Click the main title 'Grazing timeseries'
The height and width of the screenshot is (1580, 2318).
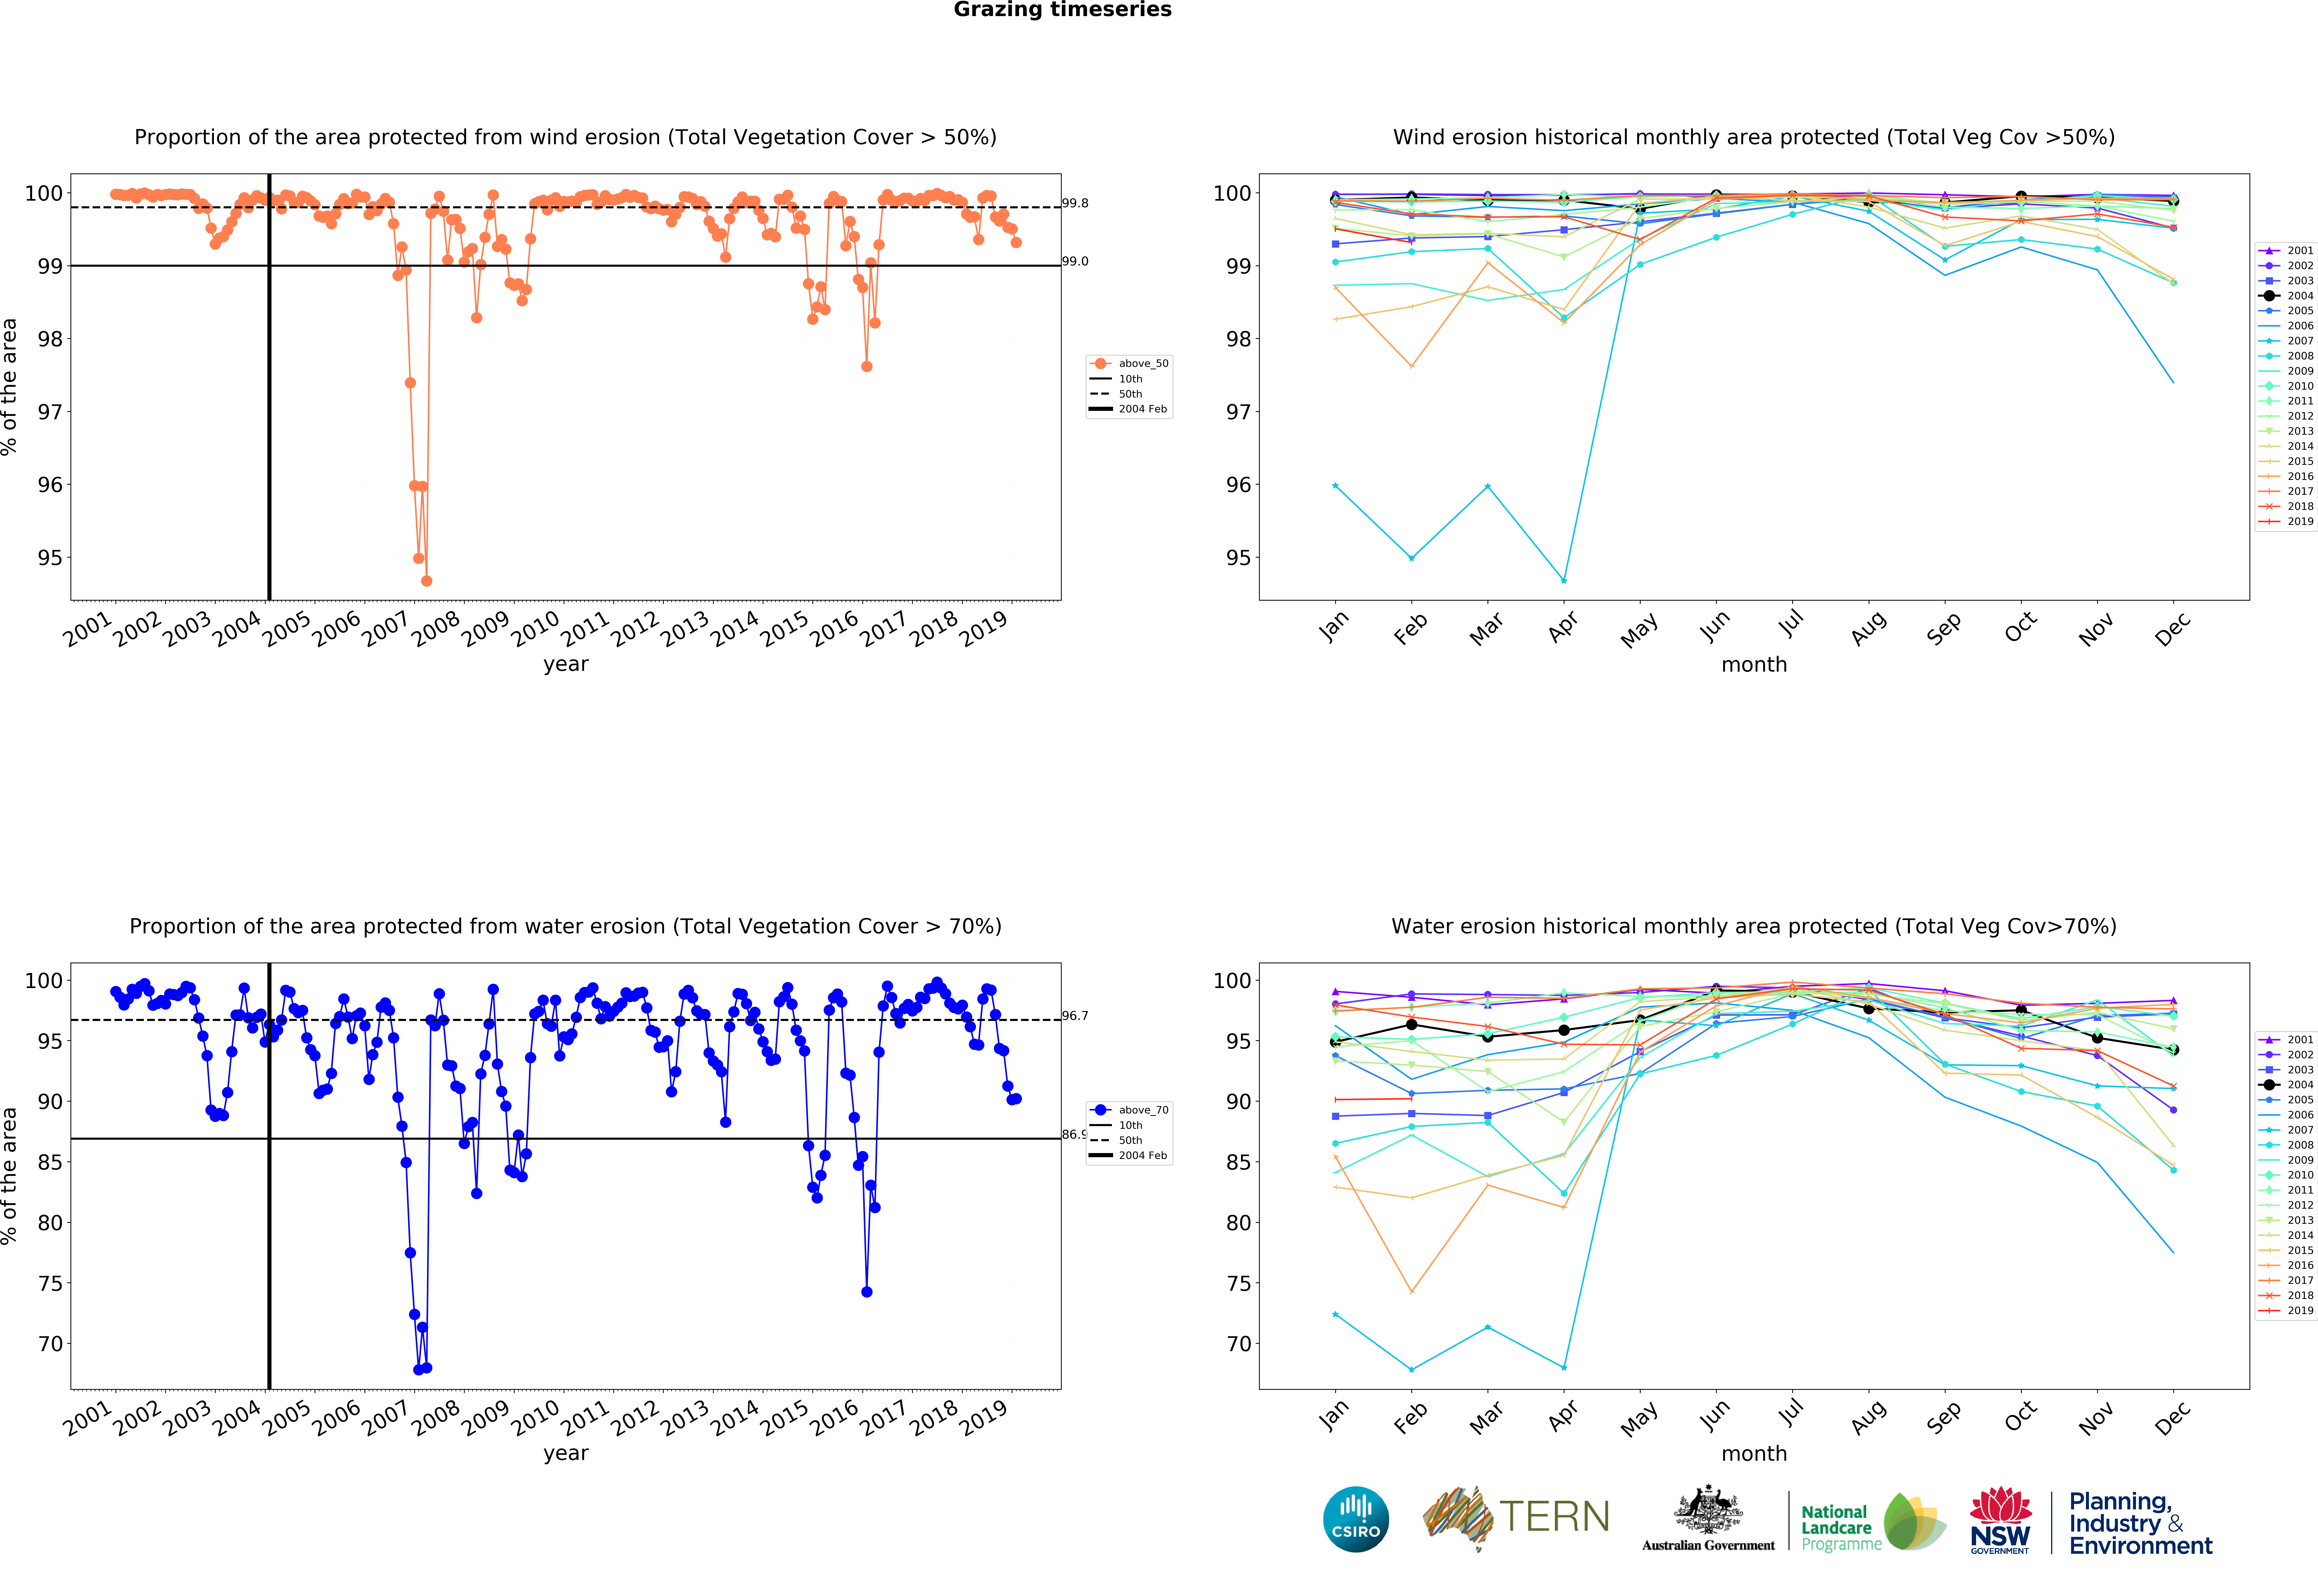pos(1062,10)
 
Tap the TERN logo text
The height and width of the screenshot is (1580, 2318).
pos(1554,1517)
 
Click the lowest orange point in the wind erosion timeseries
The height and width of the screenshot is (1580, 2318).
pos(427,581)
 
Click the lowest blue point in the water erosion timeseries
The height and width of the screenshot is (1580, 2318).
pos(419,1369)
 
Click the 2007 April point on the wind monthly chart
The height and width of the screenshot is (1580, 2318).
pos(1564,581)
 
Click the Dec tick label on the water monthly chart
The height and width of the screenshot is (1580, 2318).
pos(2171,1417)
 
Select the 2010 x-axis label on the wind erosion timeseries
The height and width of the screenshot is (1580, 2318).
pos(536,628)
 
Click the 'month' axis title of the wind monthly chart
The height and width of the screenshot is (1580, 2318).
pos(1753,664)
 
